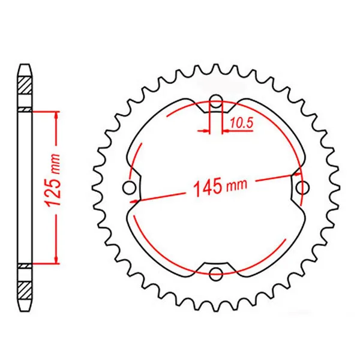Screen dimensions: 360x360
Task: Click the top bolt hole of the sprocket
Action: pos(216,101)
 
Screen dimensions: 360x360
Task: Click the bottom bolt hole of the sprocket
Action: pos(216,274)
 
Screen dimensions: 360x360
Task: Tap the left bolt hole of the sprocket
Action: pos(130,188)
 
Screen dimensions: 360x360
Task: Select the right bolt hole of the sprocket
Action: pos(302,188)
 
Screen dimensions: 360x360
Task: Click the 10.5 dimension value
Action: pos(242,123)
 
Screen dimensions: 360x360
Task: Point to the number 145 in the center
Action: pos(208,188)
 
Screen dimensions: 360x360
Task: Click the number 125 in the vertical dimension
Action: pos(54,191)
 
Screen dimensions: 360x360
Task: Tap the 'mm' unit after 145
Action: pos(237,185)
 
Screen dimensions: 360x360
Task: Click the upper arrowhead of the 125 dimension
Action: pos(56,116)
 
